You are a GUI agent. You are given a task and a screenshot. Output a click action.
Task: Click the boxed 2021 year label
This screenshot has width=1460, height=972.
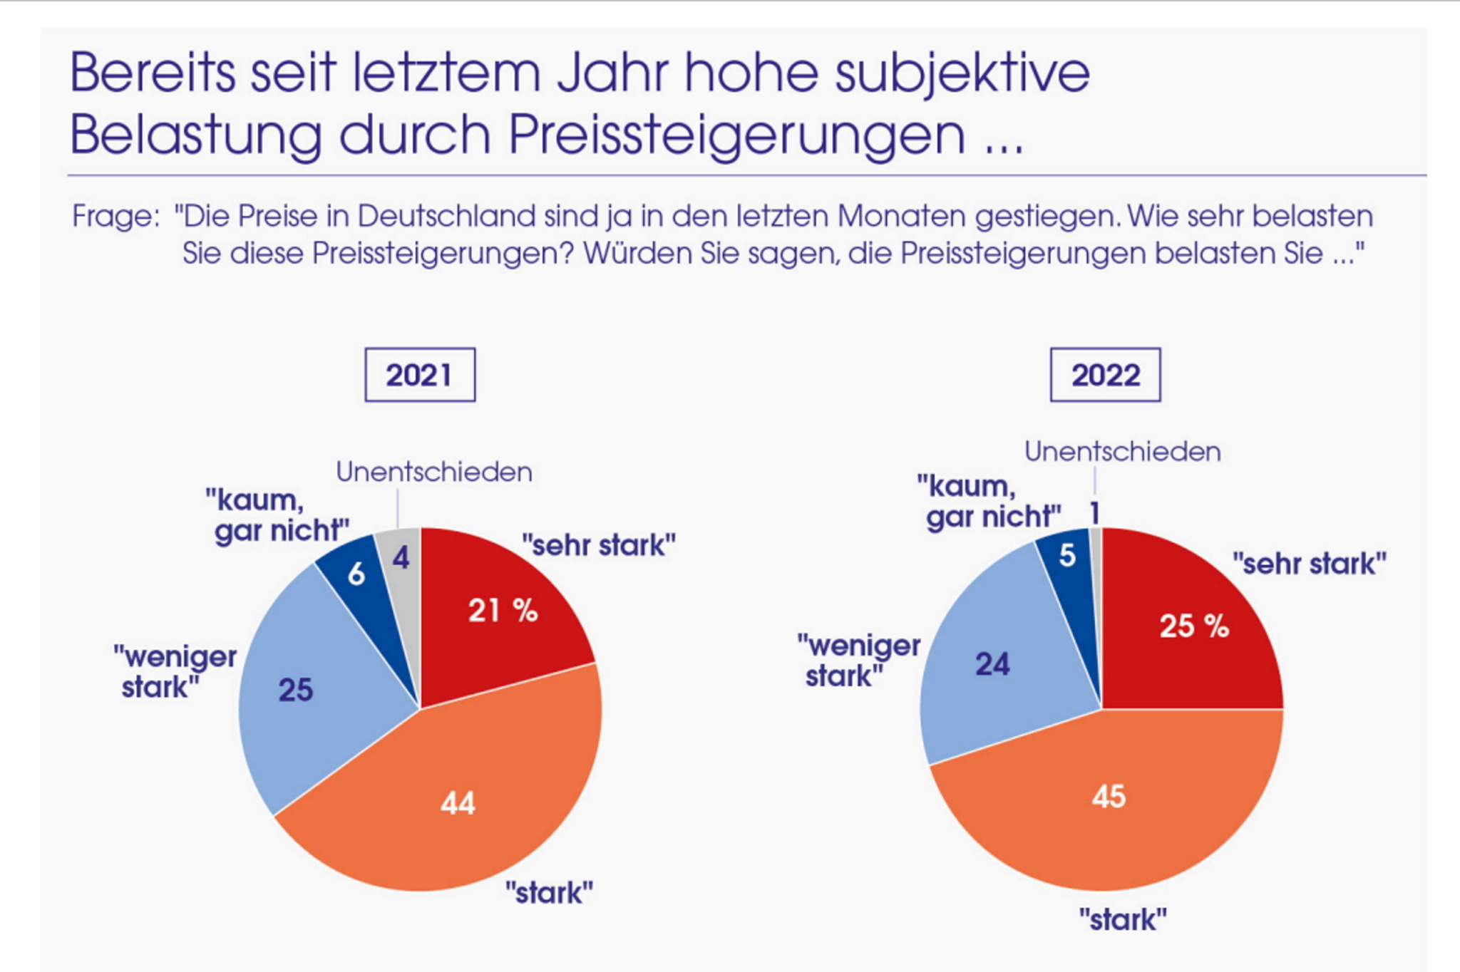(x=420, y=375)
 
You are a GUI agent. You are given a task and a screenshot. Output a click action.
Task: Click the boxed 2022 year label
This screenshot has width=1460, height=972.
(x=1105, y=375)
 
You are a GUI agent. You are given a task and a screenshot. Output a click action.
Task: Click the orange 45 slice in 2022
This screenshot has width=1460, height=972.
(x=1109, y=798)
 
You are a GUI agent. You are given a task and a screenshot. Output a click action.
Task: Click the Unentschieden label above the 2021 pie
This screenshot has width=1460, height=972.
(x=434, y=472)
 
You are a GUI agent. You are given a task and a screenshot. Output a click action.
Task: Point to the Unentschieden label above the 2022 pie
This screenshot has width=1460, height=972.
(x=1123, y=452)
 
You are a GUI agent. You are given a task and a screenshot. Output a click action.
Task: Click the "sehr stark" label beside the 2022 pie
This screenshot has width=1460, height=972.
(x=1310, y=564)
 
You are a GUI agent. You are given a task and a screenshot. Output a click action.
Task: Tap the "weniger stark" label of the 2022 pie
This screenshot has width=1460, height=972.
(x=859, y=661)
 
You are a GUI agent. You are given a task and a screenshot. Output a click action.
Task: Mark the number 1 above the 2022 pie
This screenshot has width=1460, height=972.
(x=1095, y=513)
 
